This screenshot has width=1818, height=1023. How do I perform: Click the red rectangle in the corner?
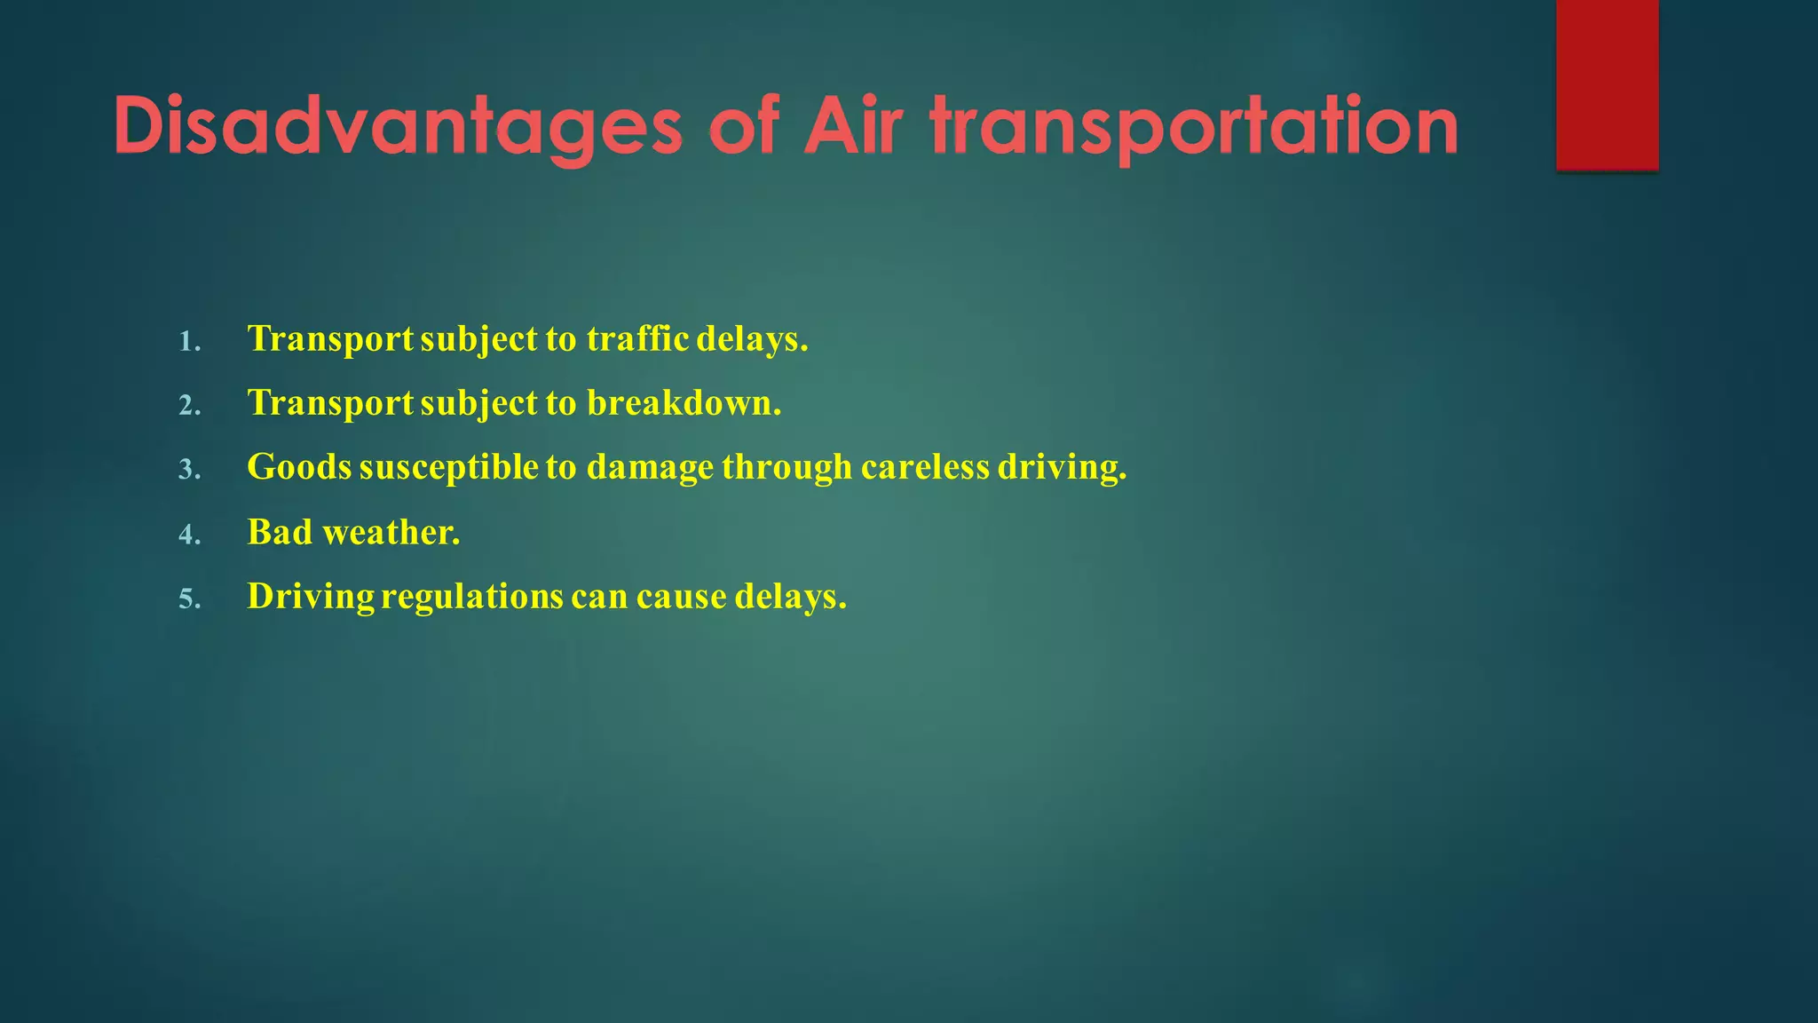click(x=1607, y=84)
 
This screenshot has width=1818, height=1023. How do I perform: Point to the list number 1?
click(x=189, y=342)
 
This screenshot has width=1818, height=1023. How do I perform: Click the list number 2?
click(x=189, y=406)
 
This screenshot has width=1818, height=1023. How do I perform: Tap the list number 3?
click(x=189, y=470)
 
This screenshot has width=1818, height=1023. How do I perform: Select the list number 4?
click(x=189, y=535)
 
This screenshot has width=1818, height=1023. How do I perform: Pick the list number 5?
click(x=189, y=599)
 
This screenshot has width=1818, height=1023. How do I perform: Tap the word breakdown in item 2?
click(x=683, y=403)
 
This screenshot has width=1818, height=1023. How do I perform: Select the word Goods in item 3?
click(x=299, y=467)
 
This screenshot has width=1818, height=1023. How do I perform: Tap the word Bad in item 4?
click(x=280, y=533)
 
